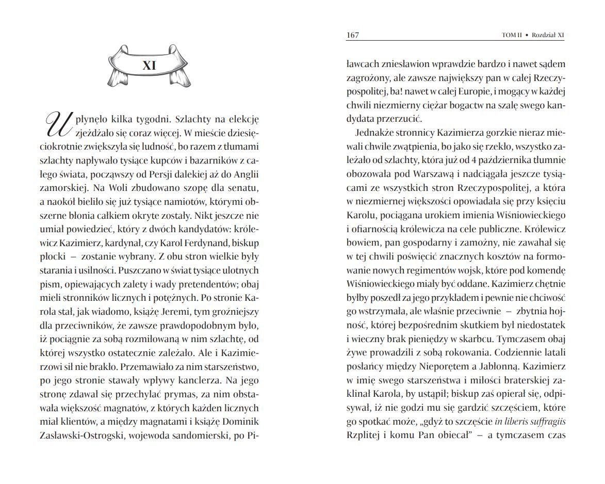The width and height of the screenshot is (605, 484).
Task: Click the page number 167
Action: pos(352,35)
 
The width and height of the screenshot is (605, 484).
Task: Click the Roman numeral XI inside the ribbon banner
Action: pos(149,66)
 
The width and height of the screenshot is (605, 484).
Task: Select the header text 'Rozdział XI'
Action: pos(548,35)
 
